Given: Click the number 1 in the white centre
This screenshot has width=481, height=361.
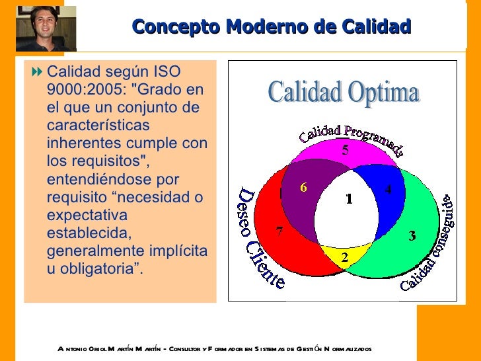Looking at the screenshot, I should coord(349,199).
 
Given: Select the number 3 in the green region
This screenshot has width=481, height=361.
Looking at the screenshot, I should coord(412,236).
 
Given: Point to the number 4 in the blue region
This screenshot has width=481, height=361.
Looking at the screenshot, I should coord(388,189).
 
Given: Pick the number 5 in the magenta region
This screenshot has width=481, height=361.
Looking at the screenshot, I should coord(345,150).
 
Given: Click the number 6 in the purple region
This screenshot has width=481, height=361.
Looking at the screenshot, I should coord(303,187).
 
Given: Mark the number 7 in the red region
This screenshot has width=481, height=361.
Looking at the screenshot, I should coord(279,231).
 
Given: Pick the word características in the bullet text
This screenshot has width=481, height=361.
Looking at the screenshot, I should coord(98,125).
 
